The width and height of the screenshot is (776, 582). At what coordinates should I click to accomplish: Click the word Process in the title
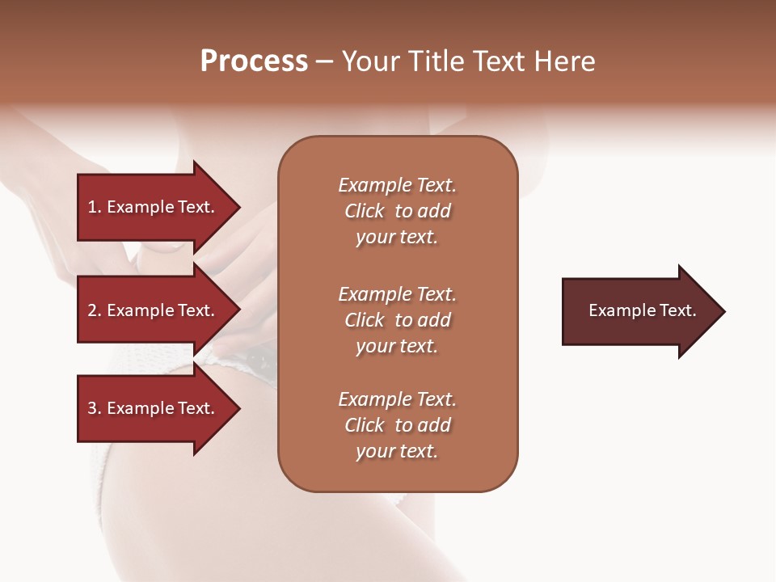pyautogui.click(x=254, y=61)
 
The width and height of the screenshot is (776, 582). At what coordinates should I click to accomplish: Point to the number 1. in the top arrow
pyautogui.click(x=95, y=207)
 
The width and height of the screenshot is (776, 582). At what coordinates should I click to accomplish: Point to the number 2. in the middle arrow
pyautogui.click(x=95, y=310)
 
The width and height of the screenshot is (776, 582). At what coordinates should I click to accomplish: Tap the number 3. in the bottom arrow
pyautogui.click(x=95, y=408)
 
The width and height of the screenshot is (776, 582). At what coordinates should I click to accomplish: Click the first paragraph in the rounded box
pyautogui.click(x=397, y=211)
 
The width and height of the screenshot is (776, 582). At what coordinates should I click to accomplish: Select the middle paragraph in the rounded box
pyautogui.click(x=397, y=320)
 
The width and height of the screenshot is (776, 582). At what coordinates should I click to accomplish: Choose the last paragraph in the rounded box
pyautogui.click(x=397, y=425)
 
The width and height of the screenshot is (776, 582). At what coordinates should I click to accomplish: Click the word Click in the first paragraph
pyautogui.click(x=365, y=211)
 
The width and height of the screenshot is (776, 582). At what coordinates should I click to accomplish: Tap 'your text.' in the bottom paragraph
pyautogui.click(x=397, y=451)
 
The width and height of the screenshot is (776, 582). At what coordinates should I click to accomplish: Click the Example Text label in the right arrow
pyautogui.click(x=643, y=311)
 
